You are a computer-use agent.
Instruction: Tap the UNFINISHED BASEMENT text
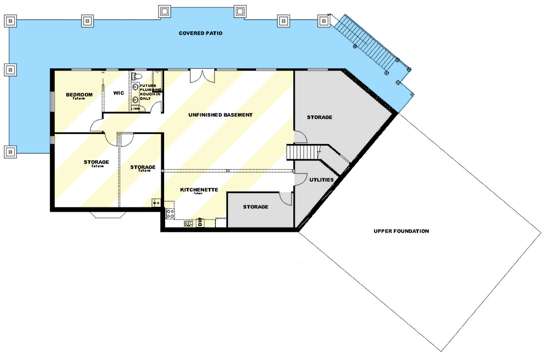[220, 115]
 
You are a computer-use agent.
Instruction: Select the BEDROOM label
[79, 95]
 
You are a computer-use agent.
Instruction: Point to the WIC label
[119, 93]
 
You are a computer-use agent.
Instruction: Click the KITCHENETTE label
[200, 190]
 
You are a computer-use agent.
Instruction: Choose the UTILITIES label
[321, 179]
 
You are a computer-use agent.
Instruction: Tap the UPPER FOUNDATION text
[401, 231]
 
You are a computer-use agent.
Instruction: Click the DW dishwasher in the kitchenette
[200, 222]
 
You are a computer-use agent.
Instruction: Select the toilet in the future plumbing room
[137, 76]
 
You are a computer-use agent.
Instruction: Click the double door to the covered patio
[198, 76]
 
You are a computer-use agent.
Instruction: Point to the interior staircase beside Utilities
[302, 152]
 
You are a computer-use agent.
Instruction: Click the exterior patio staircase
[368, 43]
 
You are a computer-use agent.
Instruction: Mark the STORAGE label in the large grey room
[319, 118]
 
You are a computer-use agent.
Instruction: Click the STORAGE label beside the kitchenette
[255, 207]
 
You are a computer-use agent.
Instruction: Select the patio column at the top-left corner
[10, 21]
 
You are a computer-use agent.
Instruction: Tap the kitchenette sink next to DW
[189, 223]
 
